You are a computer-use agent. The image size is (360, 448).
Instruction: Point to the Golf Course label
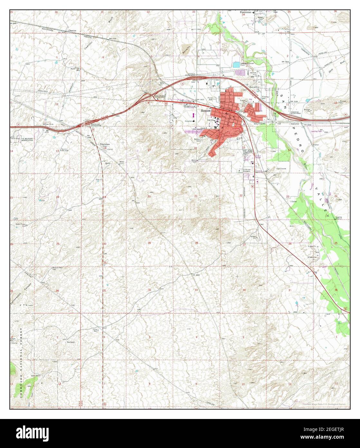coord(281,169)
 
